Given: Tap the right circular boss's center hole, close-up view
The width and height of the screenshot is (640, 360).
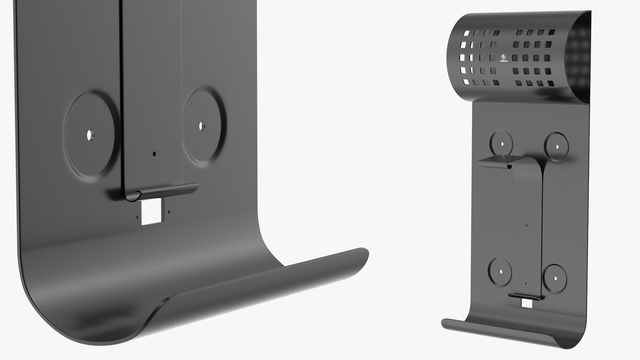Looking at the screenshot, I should point(202,126).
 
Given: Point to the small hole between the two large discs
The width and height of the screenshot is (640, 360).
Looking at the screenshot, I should point(154,154).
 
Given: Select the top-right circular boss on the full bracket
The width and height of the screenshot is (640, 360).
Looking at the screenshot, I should point(556,146).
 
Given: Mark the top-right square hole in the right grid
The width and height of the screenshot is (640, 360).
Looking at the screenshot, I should point(552,32).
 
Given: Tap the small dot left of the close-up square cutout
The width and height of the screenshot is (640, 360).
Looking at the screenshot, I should point(137,216).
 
